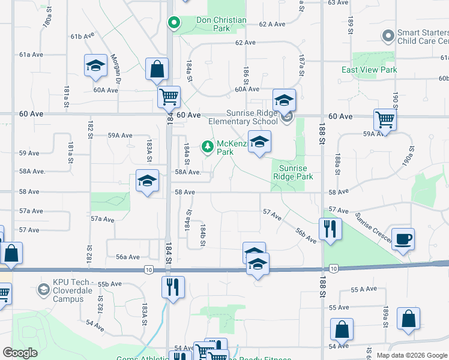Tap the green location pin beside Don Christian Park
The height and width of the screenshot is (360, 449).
pyautogui.click(x=173, y=23)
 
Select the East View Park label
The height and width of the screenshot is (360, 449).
pyautogui.click(x=369, y=70)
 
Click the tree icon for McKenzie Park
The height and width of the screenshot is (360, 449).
pyautogui.click(x=208, y=146)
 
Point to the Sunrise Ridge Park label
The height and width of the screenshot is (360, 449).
pyautogui.click(x=293, y=172)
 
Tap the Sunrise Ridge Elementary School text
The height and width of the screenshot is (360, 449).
pyautogui.click(x=243, y=117)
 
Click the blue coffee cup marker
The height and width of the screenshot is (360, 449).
pyautogui.click(x=402, y=238)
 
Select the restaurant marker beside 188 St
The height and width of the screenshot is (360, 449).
pyautogui.click(x=330, y=229)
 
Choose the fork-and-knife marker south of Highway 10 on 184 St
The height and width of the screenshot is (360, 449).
pyautogui.click(x=172, y=287)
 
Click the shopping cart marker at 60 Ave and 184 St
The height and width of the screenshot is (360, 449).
pyautogui.click(x=169, y=96)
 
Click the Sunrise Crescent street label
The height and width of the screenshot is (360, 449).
pyautogui.click(x=372, y=228)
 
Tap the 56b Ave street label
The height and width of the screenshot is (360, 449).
pyautogui.click(x=306, y=235)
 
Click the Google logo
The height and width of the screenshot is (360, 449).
pyautogui.click(x=20, y=353)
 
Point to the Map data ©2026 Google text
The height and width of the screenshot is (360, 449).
pyautogui.click(x=411, y=355)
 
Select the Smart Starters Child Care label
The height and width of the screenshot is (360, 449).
pyautogui.click(x=423, y=37)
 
